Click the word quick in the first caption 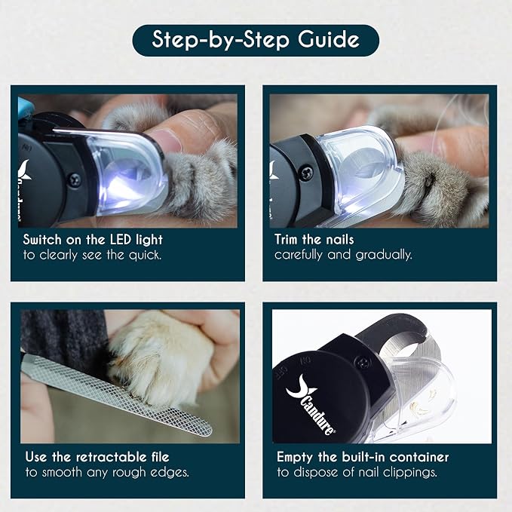(145, 256)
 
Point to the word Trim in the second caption (286, 239)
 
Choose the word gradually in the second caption (384, 255)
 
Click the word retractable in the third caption (112, 457)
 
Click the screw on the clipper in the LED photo (75, 180)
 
